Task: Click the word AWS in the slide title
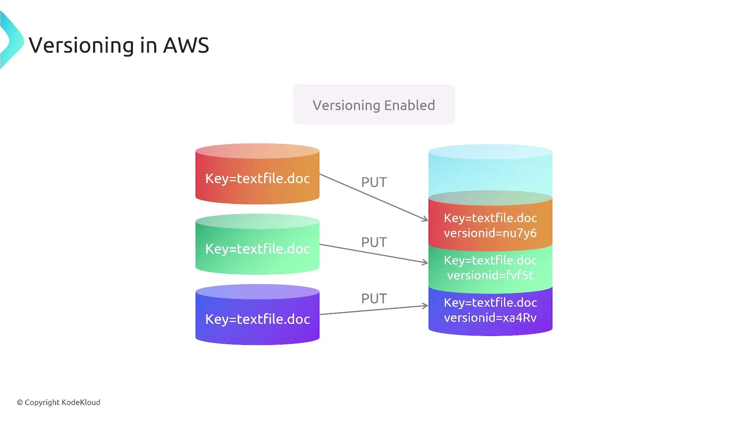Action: [186, 45]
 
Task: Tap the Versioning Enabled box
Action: [374, 105]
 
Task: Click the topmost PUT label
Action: [374, 182]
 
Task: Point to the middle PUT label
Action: [374, 242]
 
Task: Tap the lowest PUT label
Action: [374, 299]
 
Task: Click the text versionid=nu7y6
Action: [490, 233]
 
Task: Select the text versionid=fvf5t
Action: [490, 275]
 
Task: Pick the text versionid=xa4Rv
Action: [490, 318]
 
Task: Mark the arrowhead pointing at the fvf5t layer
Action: [425, 262]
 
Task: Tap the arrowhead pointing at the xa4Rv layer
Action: [425, 306]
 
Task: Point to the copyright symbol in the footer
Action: [20, 403]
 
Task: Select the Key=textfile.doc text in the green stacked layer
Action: [490, 260]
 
